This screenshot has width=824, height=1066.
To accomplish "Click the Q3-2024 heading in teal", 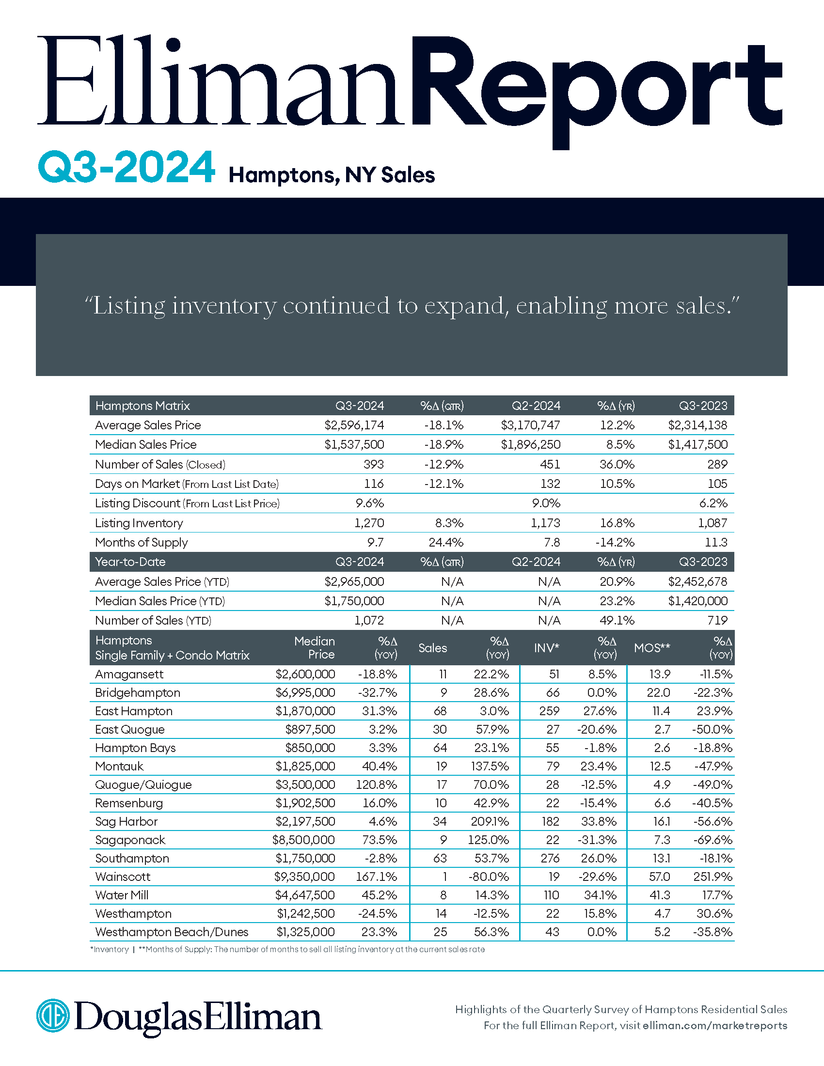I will [127, 168].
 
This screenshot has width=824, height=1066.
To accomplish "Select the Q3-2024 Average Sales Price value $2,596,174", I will [354, 425].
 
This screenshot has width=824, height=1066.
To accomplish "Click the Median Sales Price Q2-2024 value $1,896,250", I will [530, 445].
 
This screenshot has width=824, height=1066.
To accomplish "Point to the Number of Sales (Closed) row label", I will [160, 464].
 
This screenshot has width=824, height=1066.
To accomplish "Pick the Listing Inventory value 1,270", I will [369, 523].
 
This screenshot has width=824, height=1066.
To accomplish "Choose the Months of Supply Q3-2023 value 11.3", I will [716, 542].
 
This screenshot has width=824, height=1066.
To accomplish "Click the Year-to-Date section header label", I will [130, 562].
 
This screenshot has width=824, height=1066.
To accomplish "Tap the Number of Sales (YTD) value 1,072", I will [369, 620].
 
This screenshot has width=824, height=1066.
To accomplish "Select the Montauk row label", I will [119, 767].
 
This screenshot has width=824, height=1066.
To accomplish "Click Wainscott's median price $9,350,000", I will [304, 877].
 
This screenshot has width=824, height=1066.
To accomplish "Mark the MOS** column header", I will [651, 648].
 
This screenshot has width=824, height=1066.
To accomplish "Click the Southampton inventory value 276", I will [550, 858].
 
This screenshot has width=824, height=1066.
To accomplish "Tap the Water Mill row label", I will [122, 895].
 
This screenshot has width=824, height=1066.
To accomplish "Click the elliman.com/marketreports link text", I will [714, 1025].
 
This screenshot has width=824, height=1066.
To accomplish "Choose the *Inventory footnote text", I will [110, 949].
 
